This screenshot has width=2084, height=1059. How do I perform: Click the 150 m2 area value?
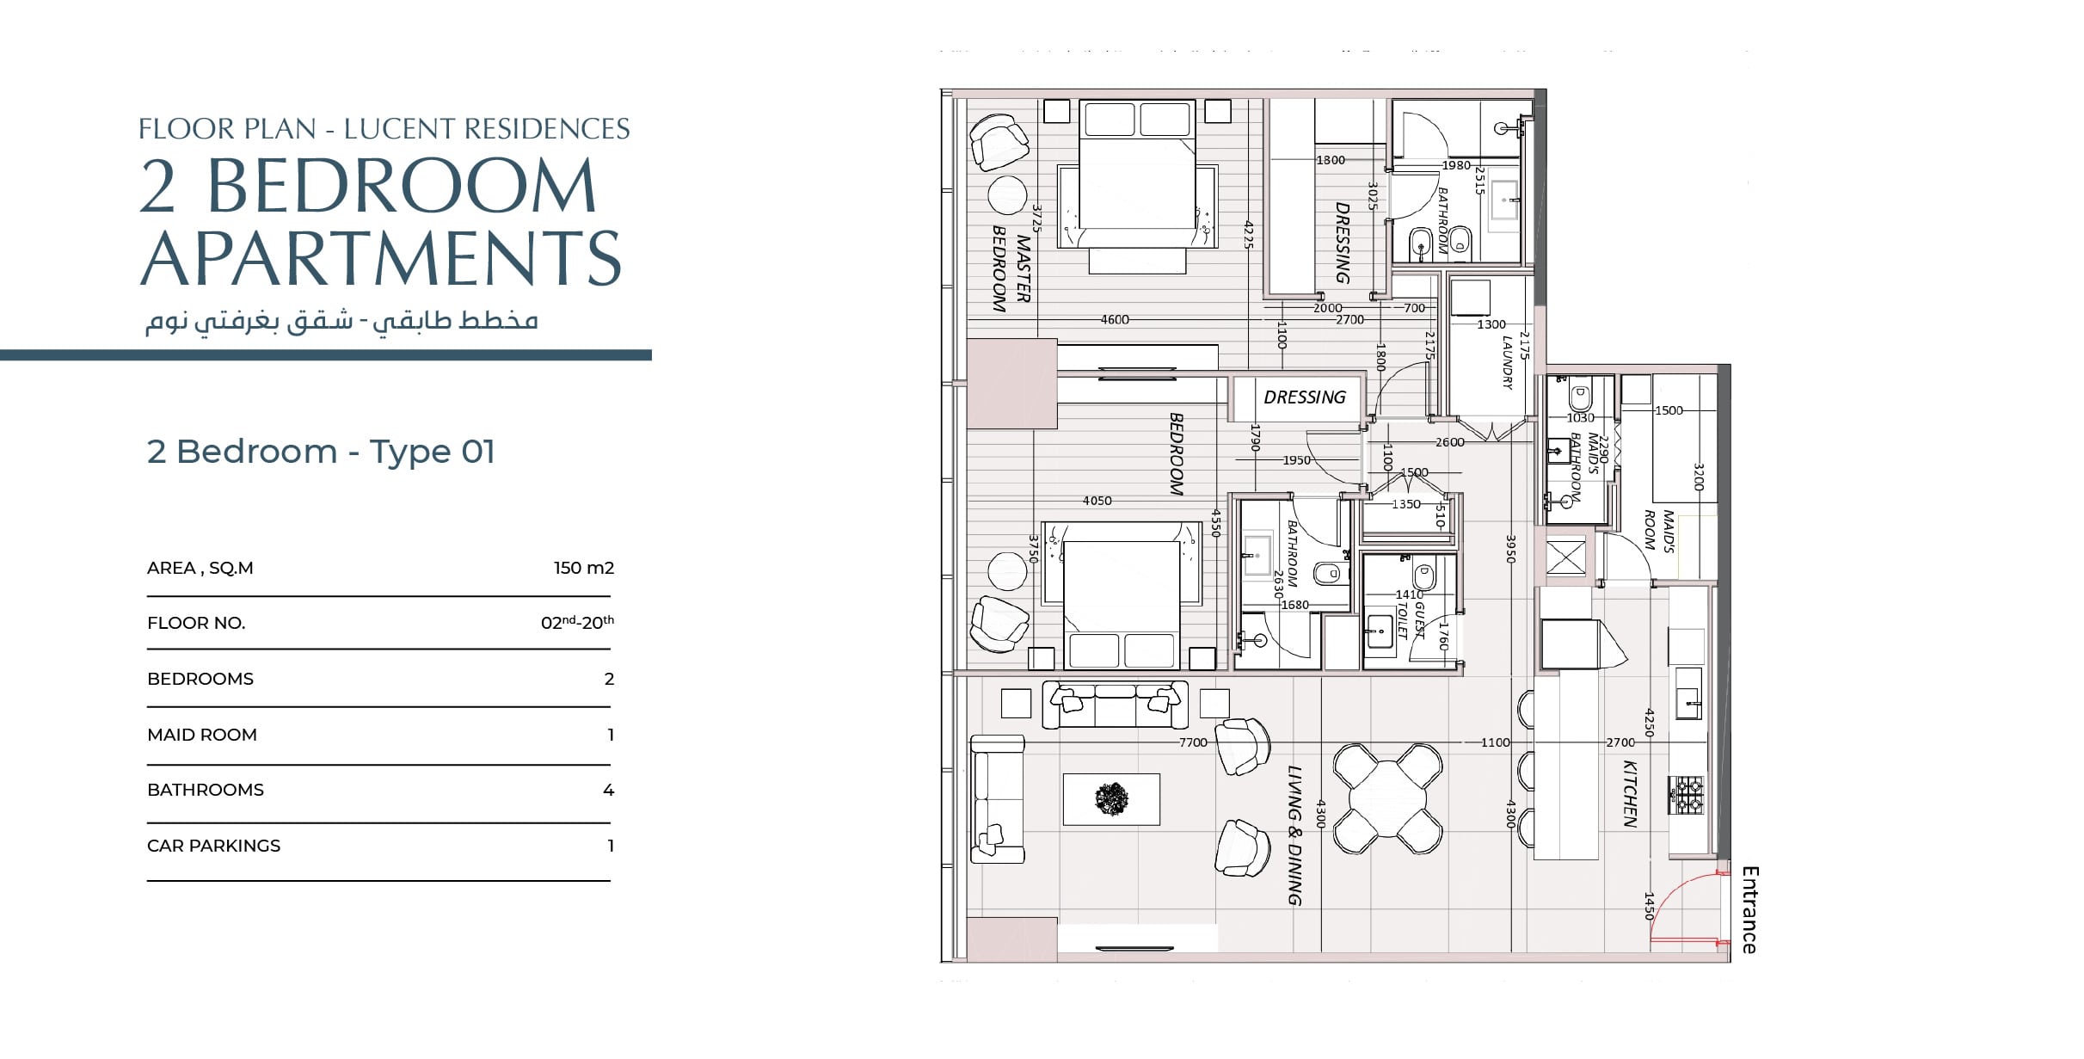tap(583, 568)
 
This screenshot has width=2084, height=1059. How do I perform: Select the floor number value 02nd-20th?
tap(577, 622)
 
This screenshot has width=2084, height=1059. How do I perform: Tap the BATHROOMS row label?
tap(206, 790)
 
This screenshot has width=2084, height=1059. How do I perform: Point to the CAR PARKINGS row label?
tap(214, 846)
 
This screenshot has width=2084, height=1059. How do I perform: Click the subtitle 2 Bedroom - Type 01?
tap(321, 452)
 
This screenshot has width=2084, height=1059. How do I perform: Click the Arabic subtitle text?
tap(341, 320)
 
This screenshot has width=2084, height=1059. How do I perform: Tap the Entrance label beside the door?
tap(1749, 910)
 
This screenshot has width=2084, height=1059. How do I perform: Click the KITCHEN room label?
tap(1629, 793)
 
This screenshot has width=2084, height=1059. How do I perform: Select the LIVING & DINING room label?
tap(1295, 835)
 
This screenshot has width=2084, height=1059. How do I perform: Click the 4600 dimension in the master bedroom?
tap(1115, 320)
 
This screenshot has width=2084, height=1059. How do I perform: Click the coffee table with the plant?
tap(1111, 799)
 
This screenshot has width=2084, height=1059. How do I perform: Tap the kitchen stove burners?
tap(1686, 795)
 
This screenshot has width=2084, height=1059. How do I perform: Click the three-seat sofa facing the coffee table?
tap(1115, 705)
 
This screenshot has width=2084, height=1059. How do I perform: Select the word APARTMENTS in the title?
tap(380, 258)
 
